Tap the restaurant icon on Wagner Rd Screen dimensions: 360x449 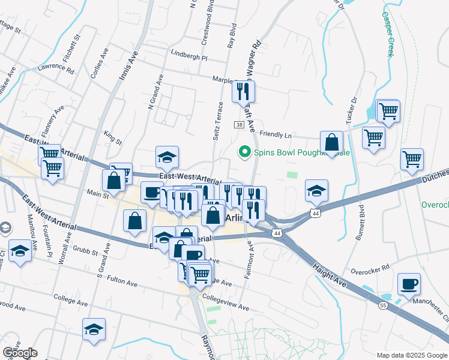pos(243,92)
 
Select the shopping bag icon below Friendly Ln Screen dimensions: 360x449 pos(331,143)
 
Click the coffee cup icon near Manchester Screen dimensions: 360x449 pos(409,284)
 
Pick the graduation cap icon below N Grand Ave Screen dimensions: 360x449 pos(167,158)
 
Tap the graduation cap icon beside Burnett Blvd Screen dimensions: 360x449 pos(316,191)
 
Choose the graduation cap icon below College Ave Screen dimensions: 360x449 pos(93,329)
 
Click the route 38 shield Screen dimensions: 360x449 pos(239,125)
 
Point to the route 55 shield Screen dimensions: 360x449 pos(382,305)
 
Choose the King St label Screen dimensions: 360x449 pos(112,138)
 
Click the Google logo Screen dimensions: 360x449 pos(19,353)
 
